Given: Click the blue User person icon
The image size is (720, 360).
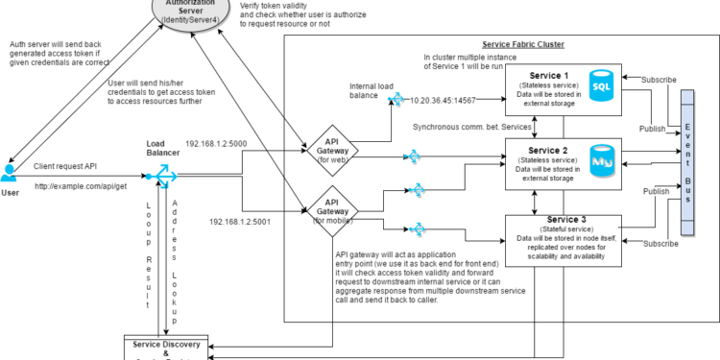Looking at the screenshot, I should click(x=11, y=173).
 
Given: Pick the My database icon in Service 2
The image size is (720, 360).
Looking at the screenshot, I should click(x=602, y=159).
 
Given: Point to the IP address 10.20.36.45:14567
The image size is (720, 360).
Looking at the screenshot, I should click(x=443, y=100).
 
